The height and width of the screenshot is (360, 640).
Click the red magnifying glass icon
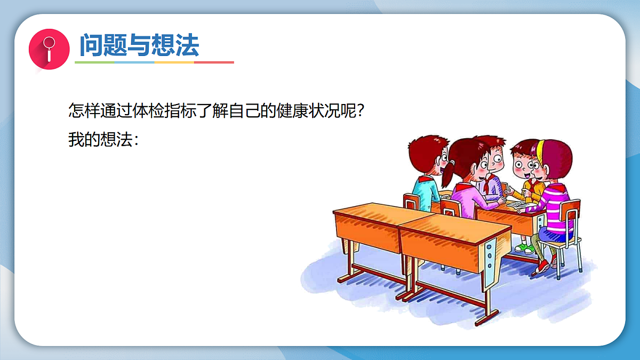(x=49, y=49)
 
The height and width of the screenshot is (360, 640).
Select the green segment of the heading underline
(x=94, y=62)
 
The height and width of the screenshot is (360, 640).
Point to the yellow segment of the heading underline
(x=174, y=62)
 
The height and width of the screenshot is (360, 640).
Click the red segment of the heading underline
(x=214, y=62)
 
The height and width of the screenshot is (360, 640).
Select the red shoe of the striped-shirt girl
(x=541, y=267)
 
